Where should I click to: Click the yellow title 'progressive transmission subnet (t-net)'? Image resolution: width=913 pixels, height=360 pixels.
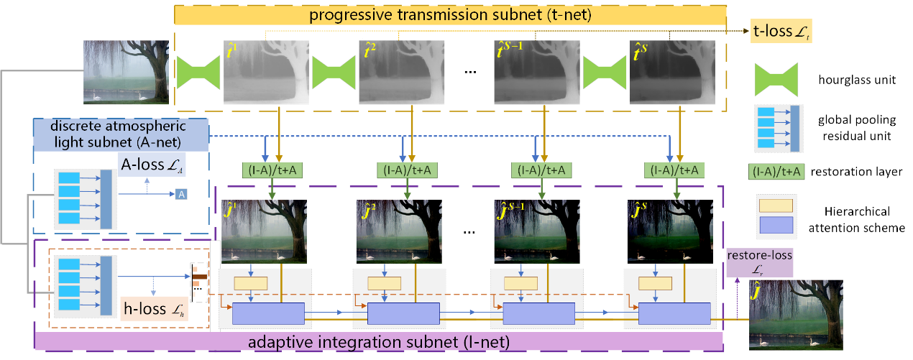click(450, 15)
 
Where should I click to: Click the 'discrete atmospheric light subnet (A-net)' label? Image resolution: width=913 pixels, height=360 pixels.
click(121, 135)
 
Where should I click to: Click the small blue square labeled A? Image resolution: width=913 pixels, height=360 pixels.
click(182, 195)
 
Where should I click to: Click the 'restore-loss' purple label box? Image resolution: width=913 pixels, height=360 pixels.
click(759, 261)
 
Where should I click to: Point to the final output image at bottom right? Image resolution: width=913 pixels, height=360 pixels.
click(795, 315)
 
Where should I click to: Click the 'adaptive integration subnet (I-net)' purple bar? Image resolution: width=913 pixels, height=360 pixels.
click(379, 341)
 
